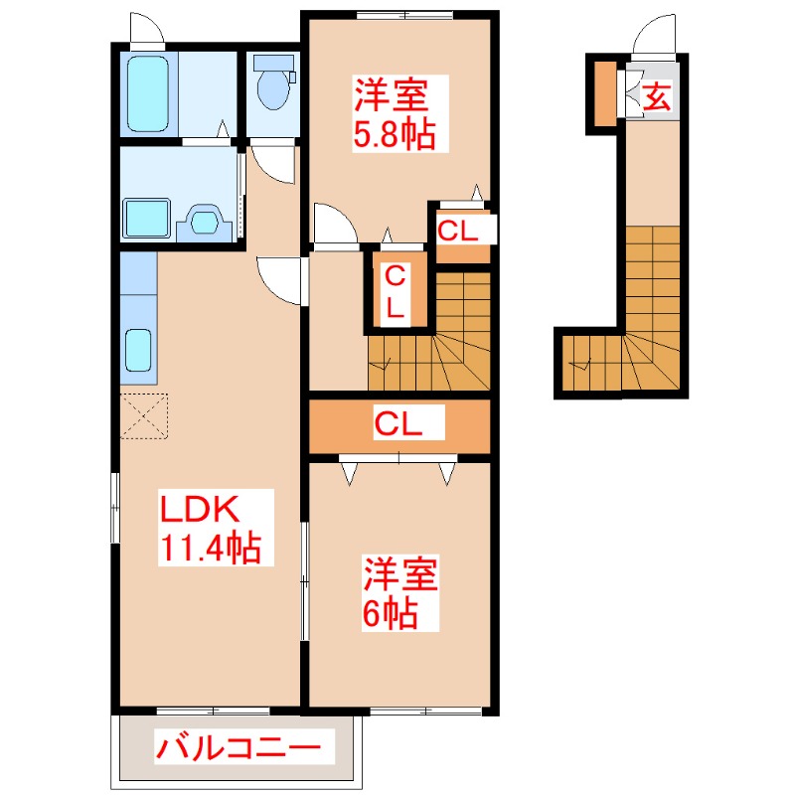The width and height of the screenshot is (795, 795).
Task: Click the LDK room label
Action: coord(200,510)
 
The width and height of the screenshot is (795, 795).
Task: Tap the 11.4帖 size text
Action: coord(210,548)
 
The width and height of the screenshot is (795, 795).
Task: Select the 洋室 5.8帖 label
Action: coord(395,115)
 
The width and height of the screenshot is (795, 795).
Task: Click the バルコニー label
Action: coord(238,746)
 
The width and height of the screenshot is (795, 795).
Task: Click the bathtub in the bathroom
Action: coord(150,93)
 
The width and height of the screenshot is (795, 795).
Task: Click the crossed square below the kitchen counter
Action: coord(145,416)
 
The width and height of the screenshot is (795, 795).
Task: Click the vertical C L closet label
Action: coord(395,290)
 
